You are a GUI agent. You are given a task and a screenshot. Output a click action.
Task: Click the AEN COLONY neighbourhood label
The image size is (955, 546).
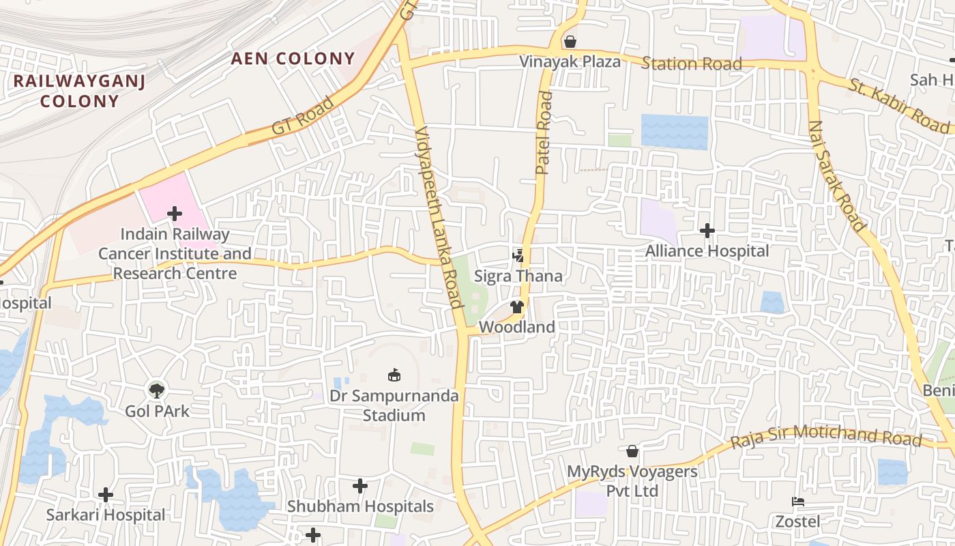(293, 59)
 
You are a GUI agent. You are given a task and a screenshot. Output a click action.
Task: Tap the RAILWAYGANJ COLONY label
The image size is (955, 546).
(79, 91)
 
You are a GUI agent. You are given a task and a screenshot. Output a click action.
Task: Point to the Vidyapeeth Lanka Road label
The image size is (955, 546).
(439, 217)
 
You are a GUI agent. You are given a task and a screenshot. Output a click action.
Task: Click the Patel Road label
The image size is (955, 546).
(544, 133)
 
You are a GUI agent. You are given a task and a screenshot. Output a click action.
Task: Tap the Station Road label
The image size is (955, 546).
(691, 64)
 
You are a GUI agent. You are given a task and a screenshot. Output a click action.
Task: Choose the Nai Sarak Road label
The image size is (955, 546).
(836, 175)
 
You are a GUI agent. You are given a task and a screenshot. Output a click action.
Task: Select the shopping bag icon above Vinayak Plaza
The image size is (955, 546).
(570, 42)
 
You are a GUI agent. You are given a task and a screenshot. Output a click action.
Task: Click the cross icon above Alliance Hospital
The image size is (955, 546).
(707, 231)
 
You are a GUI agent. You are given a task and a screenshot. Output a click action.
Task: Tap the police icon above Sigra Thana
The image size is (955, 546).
(518, 256)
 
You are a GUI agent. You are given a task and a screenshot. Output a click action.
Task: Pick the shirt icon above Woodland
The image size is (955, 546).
(517, 307)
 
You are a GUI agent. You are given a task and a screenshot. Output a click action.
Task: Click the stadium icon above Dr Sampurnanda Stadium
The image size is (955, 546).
(394, 375)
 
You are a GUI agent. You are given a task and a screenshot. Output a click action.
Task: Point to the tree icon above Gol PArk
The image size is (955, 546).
(157, 390)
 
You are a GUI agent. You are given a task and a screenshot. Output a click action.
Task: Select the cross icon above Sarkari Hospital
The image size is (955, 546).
(106, 494)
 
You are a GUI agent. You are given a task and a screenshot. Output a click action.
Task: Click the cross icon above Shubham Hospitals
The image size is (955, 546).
(360, 486)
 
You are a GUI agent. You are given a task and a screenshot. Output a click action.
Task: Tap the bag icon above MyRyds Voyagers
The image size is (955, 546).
(632, 451)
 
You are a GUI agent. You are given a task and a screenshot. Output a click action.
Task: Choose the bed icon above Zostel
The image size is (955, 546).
(797, 502)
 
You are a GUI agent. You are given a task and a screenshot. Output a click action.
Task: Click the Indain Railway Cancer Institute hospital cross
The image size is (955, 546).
(175, 214)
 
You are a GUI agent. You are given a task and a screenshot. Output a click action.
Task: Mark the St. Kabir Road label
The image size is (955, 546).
(899, 106)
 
